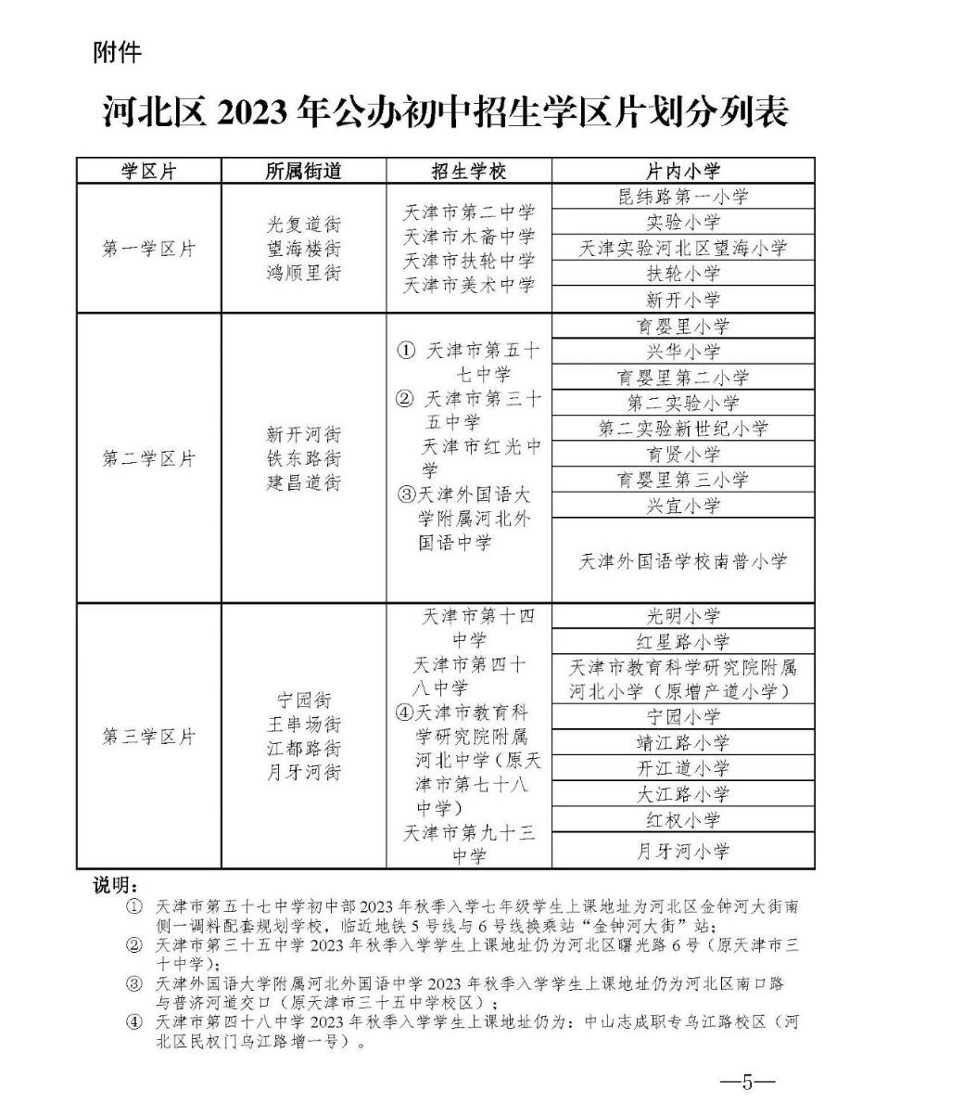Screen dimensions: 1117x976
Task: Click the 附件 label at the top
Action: click(118, 54)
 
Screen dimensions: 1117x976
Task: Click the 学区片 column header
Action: click(149, 171)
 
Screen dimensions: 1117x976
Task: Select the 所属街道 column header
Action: click(303, 171)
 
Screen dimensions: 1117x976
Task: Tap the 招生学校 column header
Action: click(469, 171)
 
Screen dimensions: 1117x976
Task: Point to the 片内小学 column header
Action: click(682, 171)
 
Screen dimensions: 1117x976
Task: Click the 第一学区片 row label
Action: click(149, 249)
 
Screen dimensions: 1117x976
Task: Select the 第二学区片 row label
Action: click(149, 458)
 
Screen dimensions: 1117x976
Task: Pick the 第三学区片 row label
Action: click(149, 737)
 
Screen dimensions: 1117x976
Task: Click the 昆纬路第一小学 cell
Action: click(682, 197)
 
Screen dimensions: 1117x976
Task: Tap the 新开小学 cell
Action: click(682, 299)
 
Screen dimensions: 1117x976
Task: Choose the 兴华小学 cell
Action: click(682, 352)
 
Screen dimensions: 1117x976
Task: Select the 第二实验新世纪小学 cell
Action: click(682, 429)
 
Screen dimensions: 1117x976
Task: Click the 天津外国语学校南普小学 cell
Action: click(682, 560)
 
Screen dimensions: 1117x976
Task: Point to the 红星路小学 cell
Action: click(682, 641)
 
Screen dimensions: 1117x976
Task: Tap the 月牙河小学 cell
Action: click(682, 851)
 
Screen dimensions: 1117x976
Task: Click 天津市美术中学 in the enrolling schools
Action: click(469, 285)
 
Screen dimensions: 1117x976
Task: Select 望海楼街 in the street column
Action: click(303, 249)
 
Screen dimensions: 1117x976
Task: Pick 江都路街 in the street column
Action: click(303, 748)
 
